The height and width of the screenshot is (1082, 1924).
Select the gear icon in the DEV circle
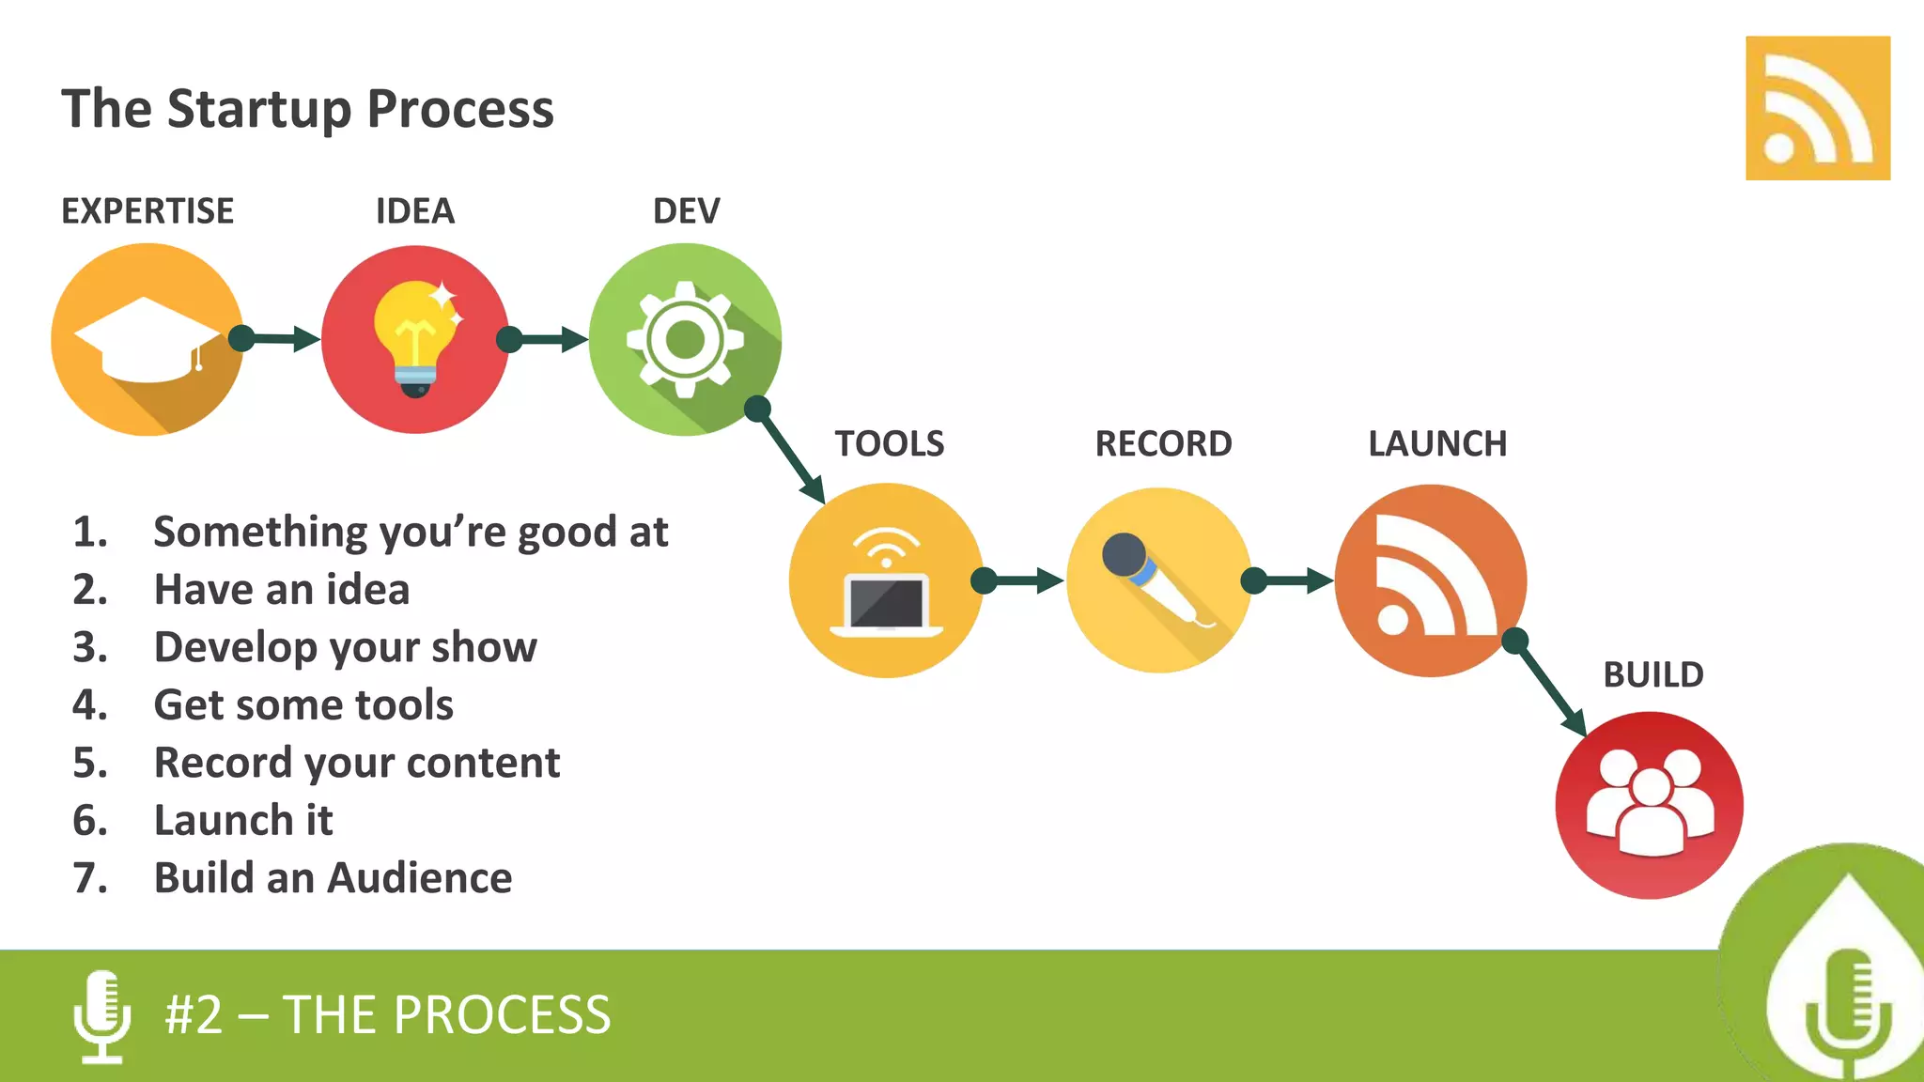(x=685, y=339)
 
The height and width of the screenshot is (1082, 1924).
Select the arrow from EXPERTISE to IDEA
(x=278, y=339)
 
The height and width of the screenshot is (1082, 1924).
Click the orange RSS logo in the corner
(x=1817, y=108)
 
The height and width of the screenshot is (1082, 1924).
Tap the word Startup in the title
(x=259, y=109)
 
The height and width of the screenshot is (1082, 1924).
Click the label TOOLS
(x=889, y=443)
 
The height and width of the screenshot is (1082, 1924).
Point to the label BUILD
(x=1652, y=674)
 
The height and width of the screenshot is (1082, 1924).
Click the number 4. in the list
(x=90, y=705)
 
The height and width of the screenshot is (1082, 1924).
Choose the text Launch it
(x=243, y=820)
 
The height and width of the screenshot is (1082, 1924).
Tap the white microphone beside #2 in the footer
(x=101, y=1015)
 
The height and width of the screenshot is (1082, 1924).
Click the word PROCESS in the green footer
(x=502, y=1015)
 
